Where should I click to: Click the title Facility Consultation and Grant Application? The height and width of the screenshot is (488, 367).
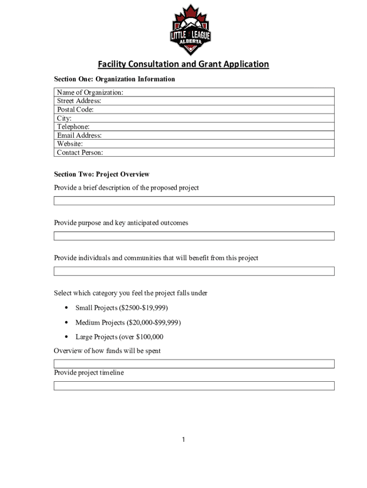(x=183, y=64)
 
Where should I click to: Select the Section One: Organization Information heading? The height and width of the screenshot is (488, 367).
(x=114, y=79)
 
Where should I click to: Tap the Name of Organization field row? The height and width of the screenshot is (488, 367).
(x=194, y=92)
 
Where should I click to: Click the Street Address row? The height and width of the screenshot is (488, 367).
(x=194, y=101)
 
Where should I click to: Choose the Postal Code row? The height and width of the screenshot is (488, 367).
(x=194, y=110)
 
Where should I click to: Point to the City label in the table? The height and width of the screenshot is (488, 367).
(x=64, y=118)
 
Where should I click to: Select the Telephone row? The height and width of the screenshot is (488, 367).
(x=194, y=127)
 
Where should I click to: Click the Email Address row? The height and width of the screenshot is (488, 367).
(x=194, y=135)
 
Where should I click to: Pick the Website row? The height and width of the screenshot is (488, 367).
(x=194, y=144)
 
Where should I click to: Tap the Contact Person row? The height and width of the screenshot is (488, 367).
(x=194, y=152)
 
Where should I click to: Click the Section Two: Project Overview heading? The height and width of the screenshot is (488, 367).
(x=102, y=174)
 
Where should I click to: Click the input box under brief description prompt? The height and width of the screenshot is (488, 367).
(x=194, y=201)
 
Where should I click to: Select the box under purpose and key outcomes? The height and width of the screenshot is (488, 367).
(x=194, y=236)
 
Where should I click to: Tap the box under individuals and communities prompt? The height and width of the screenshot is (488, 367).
(x=194, y=271)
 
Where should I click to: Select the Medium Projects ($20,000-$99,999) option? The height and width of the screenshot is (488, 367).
(x=128, y=323)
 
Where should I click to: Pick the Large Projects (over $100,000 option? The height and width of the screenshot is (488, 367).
(x=119, y=337)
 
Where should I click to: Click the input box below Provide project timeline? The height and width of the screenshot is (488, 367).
(x=194, y=386)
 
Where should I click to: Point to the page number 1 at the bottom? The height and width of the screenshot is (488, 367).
(x=183, y=439)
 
